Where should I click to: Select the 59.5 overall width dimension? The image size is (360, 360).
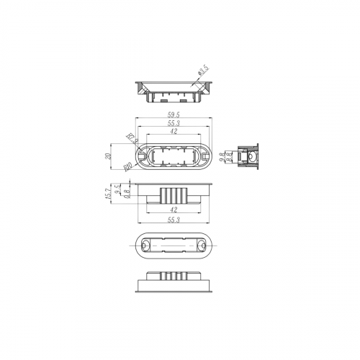click(174, 114)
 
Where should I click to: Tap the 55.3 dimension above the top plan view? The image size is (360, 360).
click(174, 124)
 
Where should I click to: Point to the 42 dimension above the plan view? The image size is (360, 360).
click(174, 132)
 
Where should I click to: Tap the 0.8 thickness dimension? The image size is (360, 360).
click(127, 194)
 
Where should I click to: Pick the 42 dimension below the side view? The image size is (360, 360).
click(174, 210)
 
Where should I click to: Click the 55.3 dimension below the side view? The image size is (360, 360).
click(174, 220)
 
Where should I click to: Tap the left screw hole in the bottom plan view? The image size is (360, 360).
click(146, 246)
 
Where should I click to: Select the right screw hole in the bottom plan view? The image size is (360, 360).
click(202, 246)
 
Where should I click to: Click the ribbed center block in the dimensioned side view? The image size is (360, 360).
click(174, 194)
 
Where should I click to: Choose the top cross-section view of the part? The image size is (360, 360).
click(174, 90)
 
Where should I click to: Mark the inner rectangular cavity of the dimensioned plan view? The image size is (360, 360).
click(174, 157)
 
